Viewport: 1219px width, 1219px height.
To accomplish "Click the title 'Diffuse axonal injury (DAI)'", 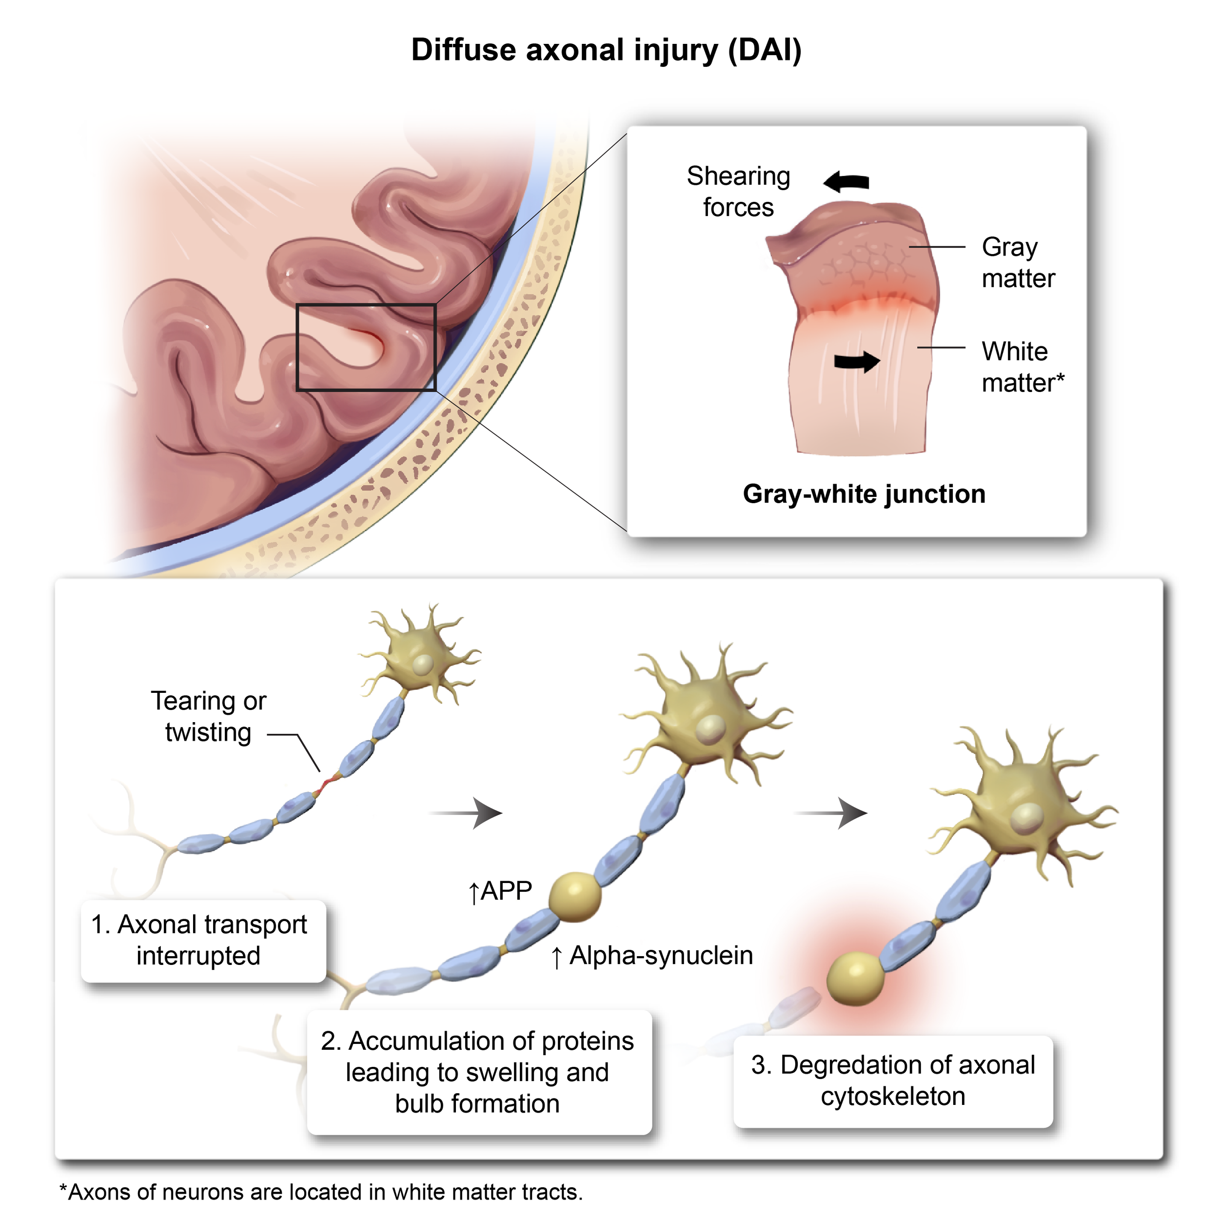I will [606, 51].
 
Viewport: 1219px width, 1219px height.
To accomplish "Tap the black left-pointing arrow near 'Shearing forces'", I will [847, 182].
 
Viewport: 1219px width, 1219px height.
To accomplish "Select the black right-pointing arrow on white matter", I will [856, 361].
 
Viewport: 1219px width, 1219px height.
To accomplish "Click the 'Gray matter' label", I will [1018, 262].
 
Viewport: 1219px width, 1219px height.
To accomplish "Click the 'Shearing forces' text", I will [738, 192].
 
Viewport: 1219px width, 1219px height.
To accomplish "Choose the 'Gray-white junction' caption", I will [864, 494].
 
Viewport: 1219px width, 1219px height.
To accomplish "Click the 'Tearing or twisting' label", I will [208, 717].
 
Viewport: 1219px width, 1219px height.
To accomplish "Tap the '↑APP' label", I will [500, 891].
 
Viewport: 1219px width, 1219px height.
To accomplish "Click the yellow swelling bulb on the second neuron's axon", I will [575, 897].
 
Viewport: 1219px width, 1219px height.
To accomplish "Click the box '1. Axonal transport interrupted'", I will [203, 940].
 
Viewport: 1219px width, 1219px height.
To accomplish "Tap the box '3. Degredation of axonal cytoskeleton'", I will [893, 1081].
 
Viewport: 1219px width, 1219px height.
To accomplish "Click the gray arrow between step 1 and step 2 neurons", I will [467, 813].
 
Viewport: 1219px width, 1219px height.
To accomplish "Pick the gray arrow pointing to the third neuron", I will [831, 813].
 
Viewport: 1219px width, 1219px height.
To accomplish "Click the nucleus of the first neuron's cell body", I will [423, 665].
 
